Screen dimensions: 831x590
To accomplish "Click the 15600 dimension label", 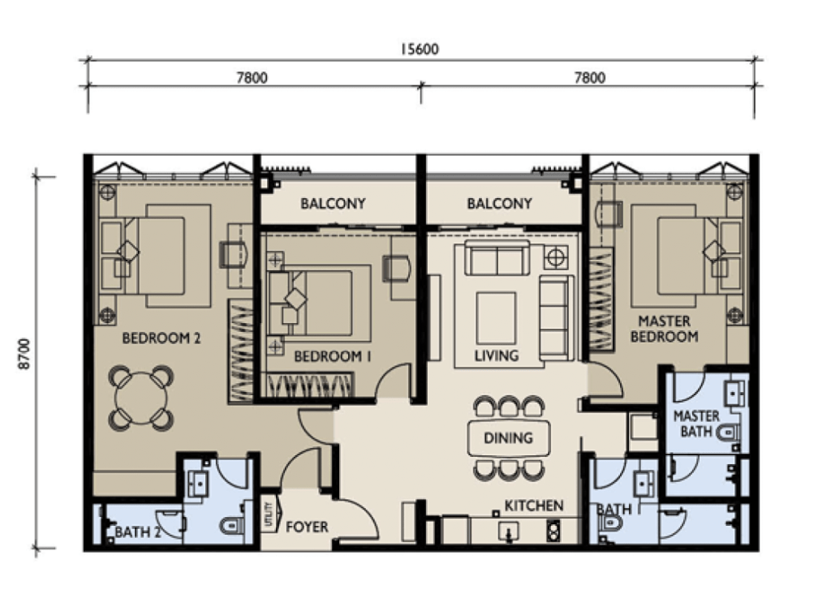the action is pos(420,50).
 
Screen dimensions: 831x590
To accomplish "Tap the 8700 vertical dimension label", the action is pos(24,354).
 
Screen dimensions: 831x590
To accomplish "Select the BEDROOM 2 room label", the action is pos(161,338).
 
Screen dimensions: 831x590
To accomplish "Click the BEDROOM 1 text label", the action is pos(332,356).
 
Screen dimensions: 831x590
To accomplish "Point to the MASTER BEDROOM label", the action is pos(664,329).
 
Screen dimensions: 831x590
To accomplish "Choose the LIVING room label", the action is pos(497,355).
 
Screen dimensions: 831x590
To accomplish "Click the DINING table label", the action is pos(508,438).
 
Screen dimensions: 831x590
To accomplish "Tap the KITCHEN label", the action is pos(534,506).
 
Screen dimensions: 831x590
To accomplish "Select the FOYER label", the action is pos(307,527).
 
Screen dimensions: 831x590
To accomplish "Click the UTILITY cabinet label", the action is pos(268,515).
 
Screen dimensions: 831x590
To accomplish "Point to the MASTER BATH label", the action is pos(696,424).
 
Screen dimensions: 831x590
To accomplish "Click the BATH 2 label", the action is pos(138,532).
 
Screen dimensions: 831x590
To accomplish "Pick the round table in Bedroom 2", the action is pos(141,398).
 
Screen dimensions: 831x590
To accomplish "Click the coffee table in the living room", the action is pos(496,318).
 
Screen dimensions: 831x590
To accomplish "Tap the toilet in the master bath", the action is pos(728,433).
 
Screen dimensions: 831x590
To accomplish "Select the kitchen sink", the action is pos(508,531).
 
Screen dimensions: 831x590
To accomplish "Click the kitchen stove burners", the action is pos(553,531).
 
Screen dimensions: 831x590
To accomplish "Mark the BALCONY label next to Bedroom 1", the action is pos(333,204).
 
